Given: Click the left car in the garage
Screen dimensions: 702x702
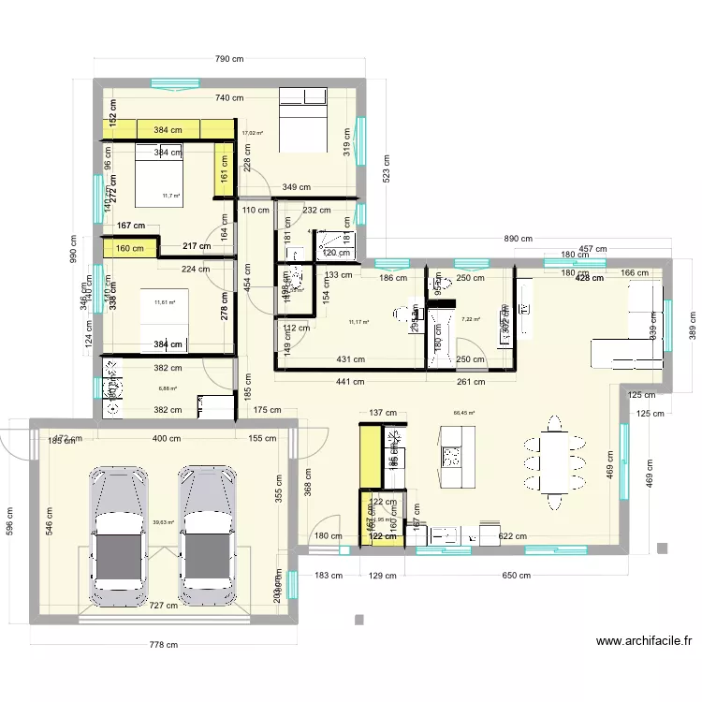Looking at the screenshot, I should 119,536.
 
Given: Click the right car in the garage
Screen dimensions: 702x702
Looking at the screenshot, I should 209,536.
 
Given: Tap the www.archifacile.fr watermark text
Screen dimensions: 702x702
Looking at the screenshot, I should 645,641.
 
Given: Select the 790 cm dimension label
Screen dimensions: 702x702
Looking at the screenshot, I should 229,59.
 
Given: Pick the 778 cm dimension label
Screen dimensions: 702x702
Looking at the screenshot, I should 164,644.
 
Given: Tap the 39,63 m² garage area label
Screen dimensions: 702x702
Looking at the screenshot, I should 163,523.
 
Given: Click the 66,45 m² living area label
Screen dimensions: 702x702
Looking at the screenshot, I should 464,413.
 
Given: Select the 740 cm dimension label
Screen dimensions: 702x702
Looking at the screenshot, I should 228,98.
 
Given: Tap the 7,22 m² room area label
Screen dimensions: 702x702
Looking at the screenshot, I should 471,319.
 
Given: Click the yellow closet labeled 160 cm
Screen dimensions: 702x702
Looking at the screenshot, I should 130,248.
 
